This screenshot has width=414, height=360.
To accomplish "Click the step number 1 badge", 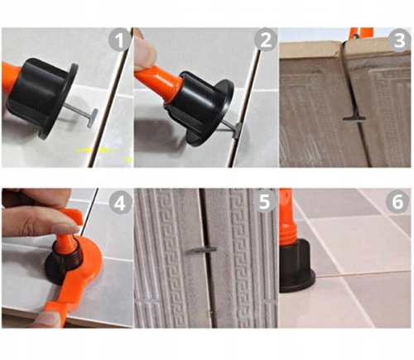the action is [x=120, y=41].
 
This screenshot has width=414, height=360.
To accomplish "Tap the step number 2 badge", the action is [x=265, y=40].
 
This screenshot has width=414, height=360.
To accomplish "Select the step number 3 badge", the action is [x=399, y=41].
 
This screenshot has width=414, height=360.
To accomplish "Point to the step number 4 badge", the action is [x=121, y=204].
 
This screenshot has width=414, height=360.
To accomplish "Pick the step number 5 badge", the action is [x=264, y=201].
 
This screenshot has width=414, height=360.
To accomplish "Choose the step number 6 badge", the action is [x=397, y=201].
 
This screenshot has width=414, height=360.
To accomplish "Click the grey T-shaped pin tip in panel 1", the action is [x=93, y=118].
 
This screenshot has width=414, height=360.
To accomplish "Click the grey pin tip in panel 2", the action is [x=238, y=130].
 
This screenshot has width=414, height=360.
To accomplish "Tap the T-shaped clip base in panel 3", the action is [x=354, y=118].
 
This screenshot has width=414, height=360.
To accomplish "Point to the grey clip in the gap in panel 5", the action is [x=201, y=250].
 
